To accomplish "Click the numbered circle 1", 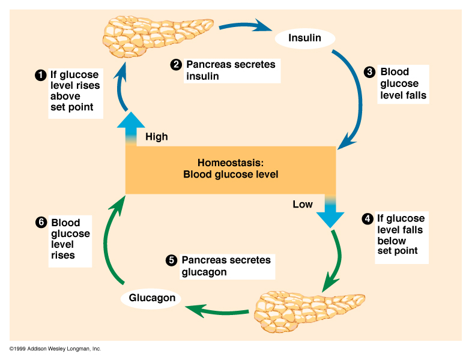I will [41, 76].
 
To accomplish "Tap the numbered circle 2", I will [176, 65].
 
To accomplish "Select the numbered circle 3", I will [370, 72].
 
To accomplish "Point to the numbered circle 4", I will [368, 219].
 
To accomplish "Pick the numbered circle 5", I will [171, 260].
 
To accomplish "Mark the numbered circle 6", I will [41, 223].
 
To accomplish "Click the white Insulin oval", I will [304, 38].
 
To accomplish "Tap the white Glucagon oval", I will [152, 298].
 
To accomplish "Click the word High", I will [157, 137].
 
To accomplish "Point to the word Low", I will [303, 205].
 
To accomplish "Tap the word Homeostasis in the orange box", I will [230, 163].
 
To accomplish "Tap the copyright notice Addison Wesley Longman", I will [55, 349].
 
